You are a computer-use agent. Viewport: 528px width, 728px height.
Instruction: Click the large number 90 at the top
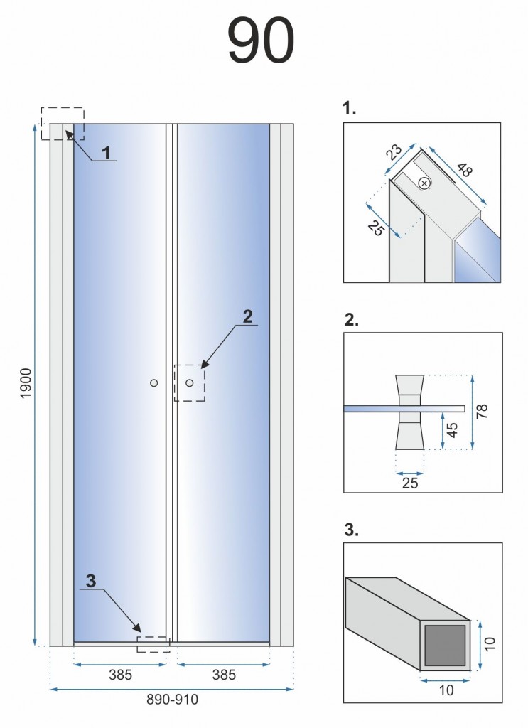260,41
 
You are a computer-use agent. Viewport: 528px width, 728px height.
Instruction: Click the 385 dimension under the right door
224,675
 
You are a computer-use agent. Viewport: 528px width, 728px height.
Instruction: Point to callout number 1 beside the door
106,153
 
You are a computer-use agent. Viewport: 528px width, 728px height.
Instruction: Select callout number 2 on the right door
247,317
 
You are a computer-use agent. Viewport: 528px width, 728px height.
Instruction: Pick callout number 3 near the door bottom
90,580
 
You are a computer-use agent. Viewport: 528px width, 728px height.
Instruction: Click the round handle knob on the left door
154,383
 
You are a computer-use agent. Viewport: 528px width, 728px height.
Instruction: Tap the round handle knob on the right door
190,383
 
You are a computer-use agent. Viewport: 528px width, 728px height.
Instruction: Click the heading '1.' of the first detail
350,109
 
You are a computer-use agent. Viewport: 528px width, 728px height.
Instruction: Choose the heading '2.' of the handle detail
351,320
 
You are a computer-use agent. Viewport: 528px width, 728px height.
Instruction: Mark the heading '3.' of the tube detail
351,530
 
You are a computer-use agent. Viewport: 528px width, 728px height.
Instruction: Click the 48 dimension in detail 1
465,170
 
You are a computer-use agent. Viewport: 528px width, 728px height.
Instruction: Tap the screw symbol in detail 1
424,183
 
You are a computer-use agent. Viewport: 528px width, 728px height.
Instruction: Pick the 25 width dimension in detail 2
410,483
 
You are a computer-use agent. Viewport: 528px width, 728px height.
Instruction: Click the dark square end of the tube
444,646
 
